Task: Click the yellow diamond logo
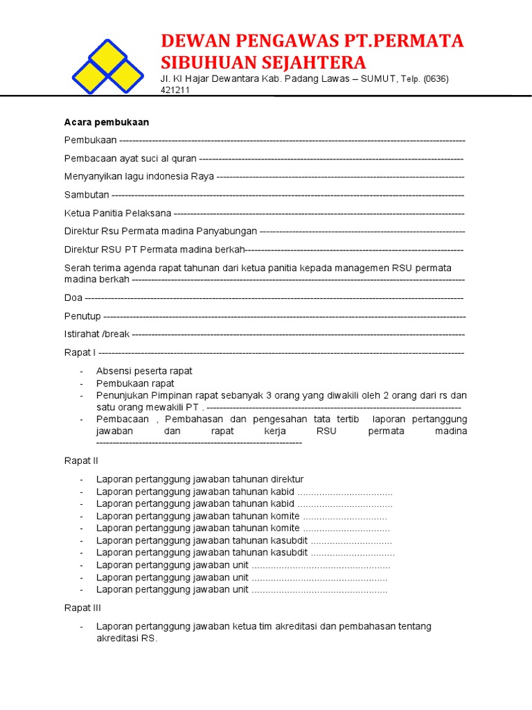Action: click(107, 67)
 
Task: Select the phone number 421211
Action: click(175, 90)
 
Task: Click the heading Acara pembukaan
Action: click(107, 122)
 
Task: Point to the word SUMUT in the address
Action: click(382, 79)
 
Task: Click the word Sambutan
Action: click(87, 195)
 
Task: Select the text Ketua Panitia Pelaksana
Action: click(118, 213)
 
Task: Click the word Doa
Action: click(73, 297)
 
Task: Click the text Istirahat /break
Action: click(97, 334)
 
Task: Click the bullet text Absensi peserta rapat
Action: click(144, 371)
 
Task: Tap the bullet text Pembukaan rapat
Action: click(135, 383)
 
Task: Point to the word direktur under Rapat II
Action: click(286, 479)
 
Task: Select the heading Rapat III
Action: click(82, 607)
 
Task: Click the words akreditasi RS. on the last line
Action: click(127, 638)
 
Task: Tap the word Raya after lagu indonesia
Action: click(202, 176)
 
